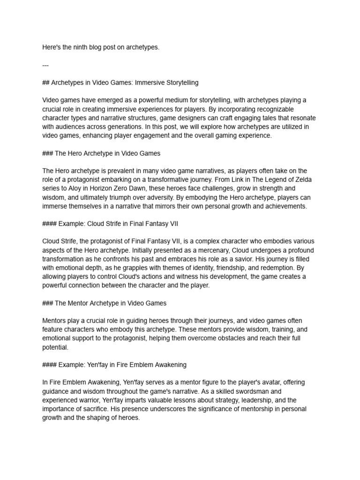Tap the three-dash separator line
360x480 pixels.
click(45, 65)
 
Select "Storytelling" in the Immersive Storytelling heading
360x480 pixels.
click(180, 82)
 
